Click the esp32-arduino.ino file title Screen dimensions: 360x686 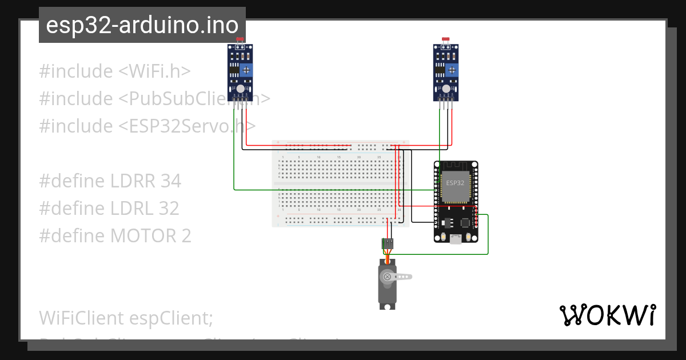coord(142,25)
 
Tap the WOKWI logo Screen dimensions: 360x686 coord(607,315)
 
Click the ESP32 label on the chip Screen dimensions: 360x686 coord(455,183)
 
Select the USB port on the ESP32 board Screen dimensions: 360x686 coord(456,238)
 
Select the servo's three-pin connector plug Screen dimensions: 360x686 coord(388,243)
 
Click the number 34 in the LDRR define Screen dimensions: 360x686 coord(170,181)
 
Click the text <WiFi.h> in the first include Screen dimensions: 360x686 coord(154,71)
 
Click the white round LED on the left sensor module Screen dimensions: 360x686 coord(240,89)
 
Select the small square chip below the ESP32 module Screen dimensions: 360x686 coord(448,221)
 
